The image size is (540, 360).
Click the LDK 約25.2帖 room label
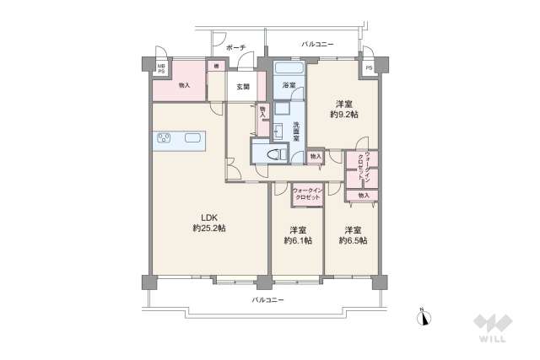click(x=208, y=222)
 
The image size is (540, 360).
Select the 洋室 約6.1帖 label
click(x=297, y=235)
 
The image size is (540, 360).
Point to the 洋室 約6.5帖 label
click(x=352, y=235)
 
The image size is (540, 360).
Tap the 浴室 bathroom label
click(x=288, y=85)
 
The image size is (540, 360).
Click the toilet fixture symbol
click(x=273, y=155)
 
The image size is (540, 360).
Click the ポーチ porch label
click(x=235, y=48)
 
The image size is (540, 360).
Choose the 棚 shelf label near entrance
click(x=216, y=67)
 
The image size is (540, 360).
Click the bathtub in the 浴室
click(x=289, y=69)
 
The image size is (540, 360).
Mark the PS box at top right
click(x=369, y=67)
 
